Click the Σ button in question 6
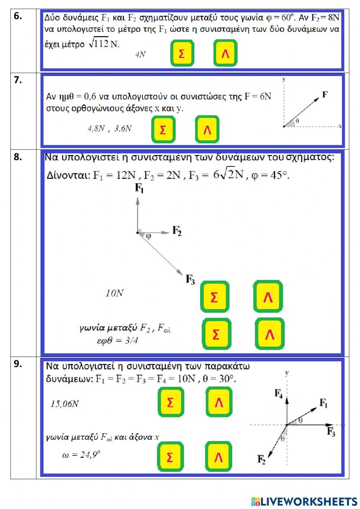coord(182,53)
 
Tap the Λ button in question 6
coord(225,53)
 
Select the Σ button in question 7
coord(163,129)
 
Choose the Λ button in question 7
coord(207,129)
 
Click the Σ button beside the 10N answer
coord(215,297)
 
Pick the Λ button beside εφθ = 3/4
coord(270,334)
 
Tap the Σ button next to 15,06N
coord(171,402)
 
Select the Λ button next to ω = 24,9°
coord(219,457)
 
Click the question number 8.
coord(18,157)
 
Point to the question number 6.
coord(18,16)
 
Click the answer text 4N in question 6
coord(140,54)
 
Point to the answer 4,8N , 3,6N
coord(110,128)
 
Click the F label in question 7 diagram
coord(325,94)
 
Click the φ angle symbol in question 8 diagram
coord(148,236)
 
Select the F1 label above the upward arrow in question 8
coord(139,188)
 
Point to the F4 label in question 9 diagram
coord(279,393)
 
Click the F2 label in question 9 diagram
coord(261,459)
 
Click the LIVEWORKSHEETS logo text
coord(304,501)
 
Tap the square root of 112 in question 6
coord(99,44)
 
